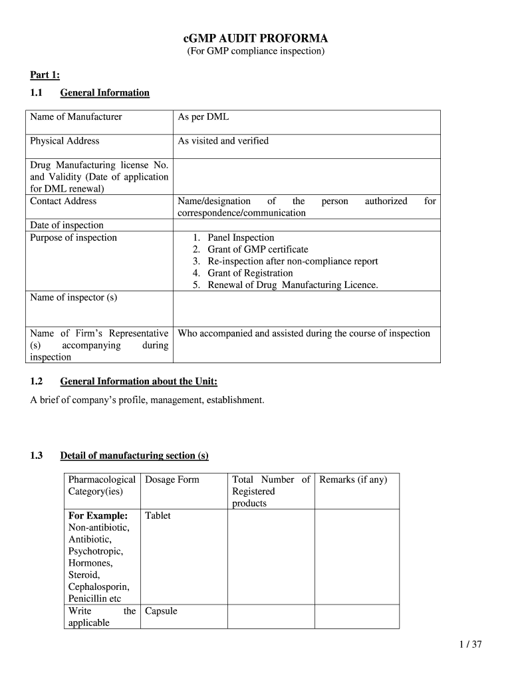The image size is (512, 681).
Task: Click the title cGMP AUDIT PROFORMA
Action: [255, 39]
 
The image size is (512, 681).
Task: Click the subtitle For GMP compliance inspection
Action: [255, 51]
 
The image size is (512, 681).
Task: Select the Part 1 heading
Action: [45, 75]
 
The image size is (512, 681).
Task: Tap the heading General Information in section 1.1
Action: [104, 92]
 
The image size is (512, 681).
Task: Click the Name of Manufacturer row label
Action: [76, 117]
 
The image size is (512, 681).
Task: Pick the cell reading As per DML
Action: [203, 117]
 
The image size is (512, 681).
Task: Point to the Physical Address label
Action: [64, 141]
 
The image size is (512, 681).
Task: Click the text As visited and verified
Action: [223, 141]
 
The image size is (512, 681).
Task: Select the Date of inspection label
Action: [66, 225]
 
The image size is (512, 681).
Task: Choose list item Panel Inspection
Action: [240, 237]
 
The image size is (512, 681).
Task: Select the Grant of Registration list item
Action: [250, 273]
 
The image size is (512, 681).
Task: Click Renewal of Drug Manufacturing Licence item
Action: [293, 285]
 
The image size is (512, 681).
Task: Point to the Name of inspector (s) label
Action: [73, 297]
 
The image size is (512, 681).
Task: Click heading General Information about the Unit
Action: [138, 382]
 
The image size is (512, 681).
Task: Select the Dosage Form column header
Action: [172, 479]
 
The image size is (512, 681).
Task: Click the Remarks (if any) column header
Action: [353, 479]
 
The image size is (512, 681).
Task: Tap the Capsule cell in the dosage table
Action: [161, 611]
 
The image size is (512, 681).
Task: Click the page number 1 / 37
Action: [469, 644]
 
